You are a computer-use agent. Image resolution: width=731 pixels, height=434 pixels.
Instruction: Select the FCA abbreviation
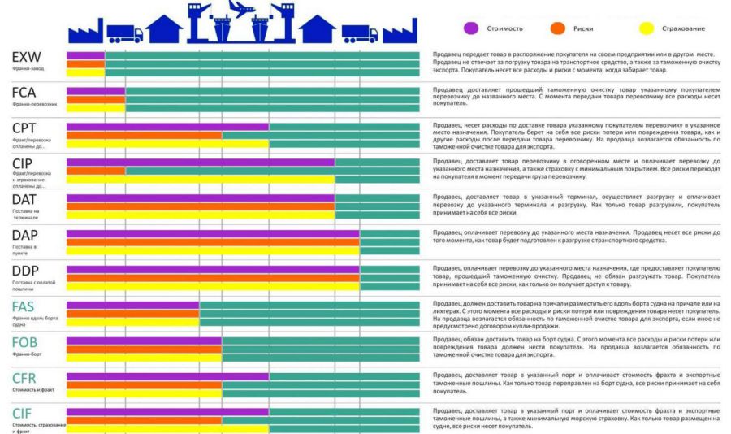[24, 93]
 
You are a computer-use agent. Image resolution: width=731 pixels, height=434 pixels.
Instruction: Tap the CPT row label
[25, 128]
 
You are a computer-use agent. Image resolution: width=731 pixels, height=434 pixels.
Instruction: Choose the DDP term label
[26, 271]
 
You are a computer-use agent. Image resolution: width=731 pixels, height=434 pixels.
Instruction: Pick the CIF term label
[23, 413]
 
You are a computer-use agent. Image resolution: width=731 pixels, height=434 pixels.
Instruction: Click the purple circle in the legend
[470, 28]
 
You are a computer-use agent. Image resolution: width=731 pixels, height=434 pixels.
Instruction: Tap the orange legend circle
[557, 28]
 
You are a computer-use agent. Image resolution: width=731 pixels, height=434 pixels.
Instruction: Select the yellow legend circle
[647, 28]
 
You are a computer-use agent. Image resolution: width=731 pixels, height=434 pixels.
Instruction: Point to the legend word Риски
[582, 29]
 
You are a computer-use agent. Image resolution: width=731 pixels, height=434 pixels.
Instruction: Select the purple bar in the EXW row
[85, 54]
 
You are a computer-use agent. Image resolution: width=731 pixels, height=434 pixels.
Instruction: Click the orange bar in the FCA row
[95, 99]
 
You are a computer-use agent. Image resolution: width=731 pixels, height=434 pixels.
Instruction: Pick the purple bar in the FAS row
[132, 305]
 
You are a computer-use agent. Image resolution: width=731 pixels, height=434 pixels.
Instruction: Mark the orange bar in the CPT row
[144, 135]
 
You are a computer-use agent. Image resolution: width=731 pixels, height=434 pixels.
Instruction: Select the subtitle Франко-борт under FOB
[27, 355]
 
